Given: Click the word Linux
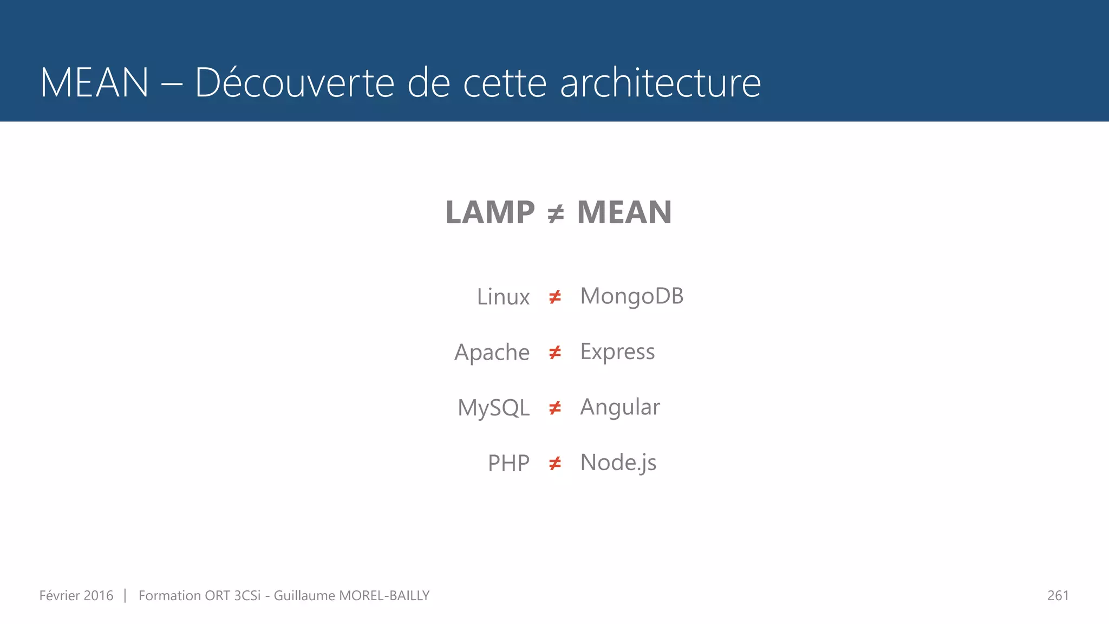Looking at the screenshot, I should coord(503,297).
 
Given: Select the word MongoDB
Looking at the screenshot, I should coord(631,296).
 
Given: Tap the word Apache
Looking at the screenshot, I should coord(492,353).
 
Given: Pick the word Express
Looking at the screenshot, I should coord(617,352).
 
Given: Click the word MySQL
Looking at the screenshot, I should coord(493,408).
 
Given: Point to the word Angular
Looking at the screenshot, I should coord(620,407).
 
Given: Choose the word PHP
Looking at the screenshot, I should coord(508,463).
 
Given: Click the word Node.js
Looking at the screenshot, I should coord(618,463).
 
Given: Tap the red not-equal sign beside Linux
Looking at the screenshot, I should coord(555,297).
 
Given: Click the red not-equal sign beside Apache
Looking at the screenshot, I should coord(555,353).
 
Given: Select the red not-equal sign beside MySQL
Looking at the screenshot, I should coord(555,408).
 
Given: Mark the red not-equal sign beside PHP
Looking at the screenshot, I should coord(555,464).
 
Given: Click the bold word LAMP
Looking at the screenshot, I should coord(490,212).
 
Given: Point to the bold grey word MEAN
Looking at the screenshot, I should coord(624,212).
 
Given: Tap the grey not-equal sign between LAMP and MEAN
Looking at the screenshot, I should coord(556,213).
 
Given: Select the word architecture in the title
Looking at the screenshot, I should coord(660,82).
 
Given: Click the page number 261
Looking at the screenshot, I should coord(1058,595).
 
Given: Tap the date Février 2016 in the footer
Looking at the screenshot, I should coord(76,595).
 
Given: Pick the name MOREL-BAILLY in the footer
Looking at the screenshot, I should coord(384,595).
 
